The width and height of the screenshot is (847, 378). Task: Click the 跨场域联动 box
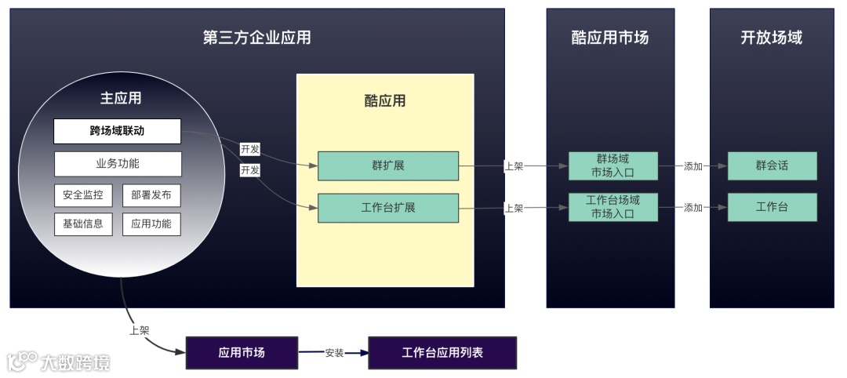117,131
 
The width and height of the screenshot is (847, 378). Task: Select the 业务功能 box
118,164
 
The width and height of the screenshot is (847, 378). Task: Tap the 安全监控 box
83,194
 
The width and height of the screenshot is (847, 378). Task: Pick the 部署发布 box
151,194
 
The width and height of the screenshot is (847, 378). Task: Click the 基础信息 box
83,224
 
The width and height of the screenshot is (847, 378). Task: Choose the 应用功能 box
151,224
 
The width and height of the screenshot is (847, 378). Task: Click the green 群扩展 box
387,166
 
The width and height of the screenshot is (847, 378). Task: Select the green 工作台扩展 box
387,208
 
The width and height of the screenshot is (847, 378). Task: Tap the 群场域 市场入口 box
613,165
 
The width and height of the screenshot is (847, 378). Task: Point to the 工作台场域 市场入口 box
613,207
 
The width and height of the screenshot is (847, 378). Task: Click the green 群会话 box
772,166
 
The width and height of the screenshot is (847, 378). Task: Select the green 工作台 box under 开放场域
772,207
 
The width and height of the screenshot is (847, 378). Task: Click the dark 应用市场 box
242,353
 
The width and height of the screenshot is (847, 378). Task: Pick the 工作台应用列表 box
442,353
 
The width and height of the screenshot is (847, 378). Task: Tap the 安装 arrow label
334,353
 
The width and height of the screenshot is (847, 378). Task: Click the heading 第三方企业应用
257,38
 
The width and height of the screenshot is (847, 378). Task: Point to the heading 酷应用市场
610,38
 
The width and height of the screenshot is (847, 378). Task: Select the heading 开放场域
772,38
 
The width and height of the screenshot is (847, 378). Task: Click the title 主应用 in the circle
121,98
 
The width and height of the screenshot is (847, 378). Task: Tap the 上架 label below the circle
139,330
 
